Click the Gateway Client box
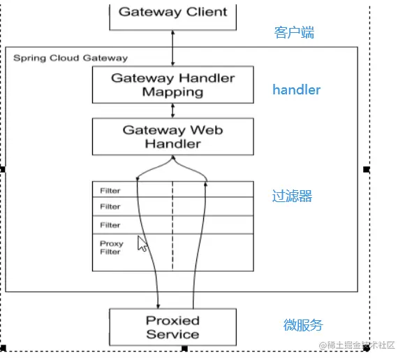coord(173,14)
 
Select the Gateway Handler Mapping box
coord(172,85)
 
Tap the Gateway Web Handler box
coord(172,136)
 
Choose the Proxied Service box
coord(172,327)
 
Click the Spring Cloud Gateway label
coord(70,57)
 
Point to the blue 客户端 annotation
coord(294,32)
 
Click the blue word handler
coord(296,89)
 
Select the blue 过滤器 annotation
coord(292,196)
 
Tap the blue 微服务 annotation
coord(303,325)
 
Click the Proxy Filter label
coord(111,247)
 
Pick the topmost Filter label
coord(110,190)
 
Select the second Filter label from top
coord(110,207)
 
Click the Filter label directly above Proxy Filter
coord(110,225)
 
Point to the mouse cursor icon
coord(142,244)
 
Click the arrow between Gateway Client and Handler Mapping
coord(173,48)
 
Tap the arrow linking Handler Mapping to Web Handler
coord(173,110)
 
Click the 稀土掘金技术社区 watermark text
coord(357,346)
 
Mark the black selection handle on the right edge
coord(367,169)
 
